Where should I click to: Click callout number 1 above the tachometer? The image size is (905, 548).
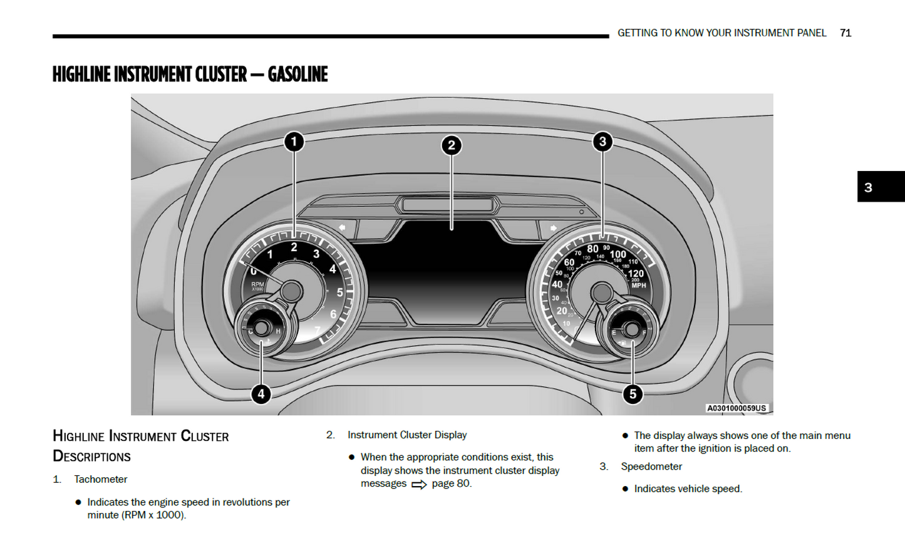(x=294, y=142)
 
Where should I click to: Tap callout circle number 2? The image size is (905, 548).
(x=451, y=145)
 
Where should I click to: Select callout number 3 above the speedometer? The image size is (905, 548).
(x=602, y=142)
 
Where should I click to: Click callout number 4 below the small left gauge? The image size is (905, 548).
(x=261, y=394)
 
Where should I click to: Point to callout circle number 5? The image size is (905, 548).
(x=633, y=394)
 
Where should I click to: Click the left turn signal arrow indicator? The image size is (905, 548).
(x=342, y=227)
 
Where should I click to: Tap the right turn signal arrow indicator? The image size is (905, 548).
(x=553, y=228)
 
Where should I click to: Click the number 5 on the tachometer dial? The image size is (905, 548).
(x=340, y=292)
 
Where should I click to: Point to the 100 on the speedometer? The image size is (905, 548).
(x=618, y=254)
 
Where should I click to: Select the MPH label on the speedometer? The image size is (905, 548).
(x=639, y=286)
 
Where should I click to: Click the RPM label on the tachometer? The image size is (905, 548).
(x=257, y=284)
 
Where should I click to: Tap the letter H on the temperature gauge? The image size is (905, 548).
(x=278, y=331)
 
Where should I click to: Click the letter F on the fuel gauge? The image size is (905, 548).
(x=644, y=333)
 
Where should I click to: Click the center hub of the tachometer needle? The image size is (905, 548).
(x=291, y=291)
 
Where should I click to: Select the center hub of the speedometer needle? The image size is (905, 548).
(x=601, y=292)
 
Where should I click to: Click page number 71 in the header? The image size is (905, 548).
(x=846, y=33)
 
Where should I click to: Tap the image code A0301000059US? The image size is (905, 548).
(x=737, y=408)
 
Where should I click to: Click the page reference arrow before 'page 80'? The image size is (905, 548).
(x=419, y=484)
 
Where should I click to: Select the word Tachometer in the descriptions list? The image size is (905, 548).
(x=100, y=479)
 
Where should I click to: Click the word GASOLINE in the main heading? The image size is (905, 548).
(x=297, y=75)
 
